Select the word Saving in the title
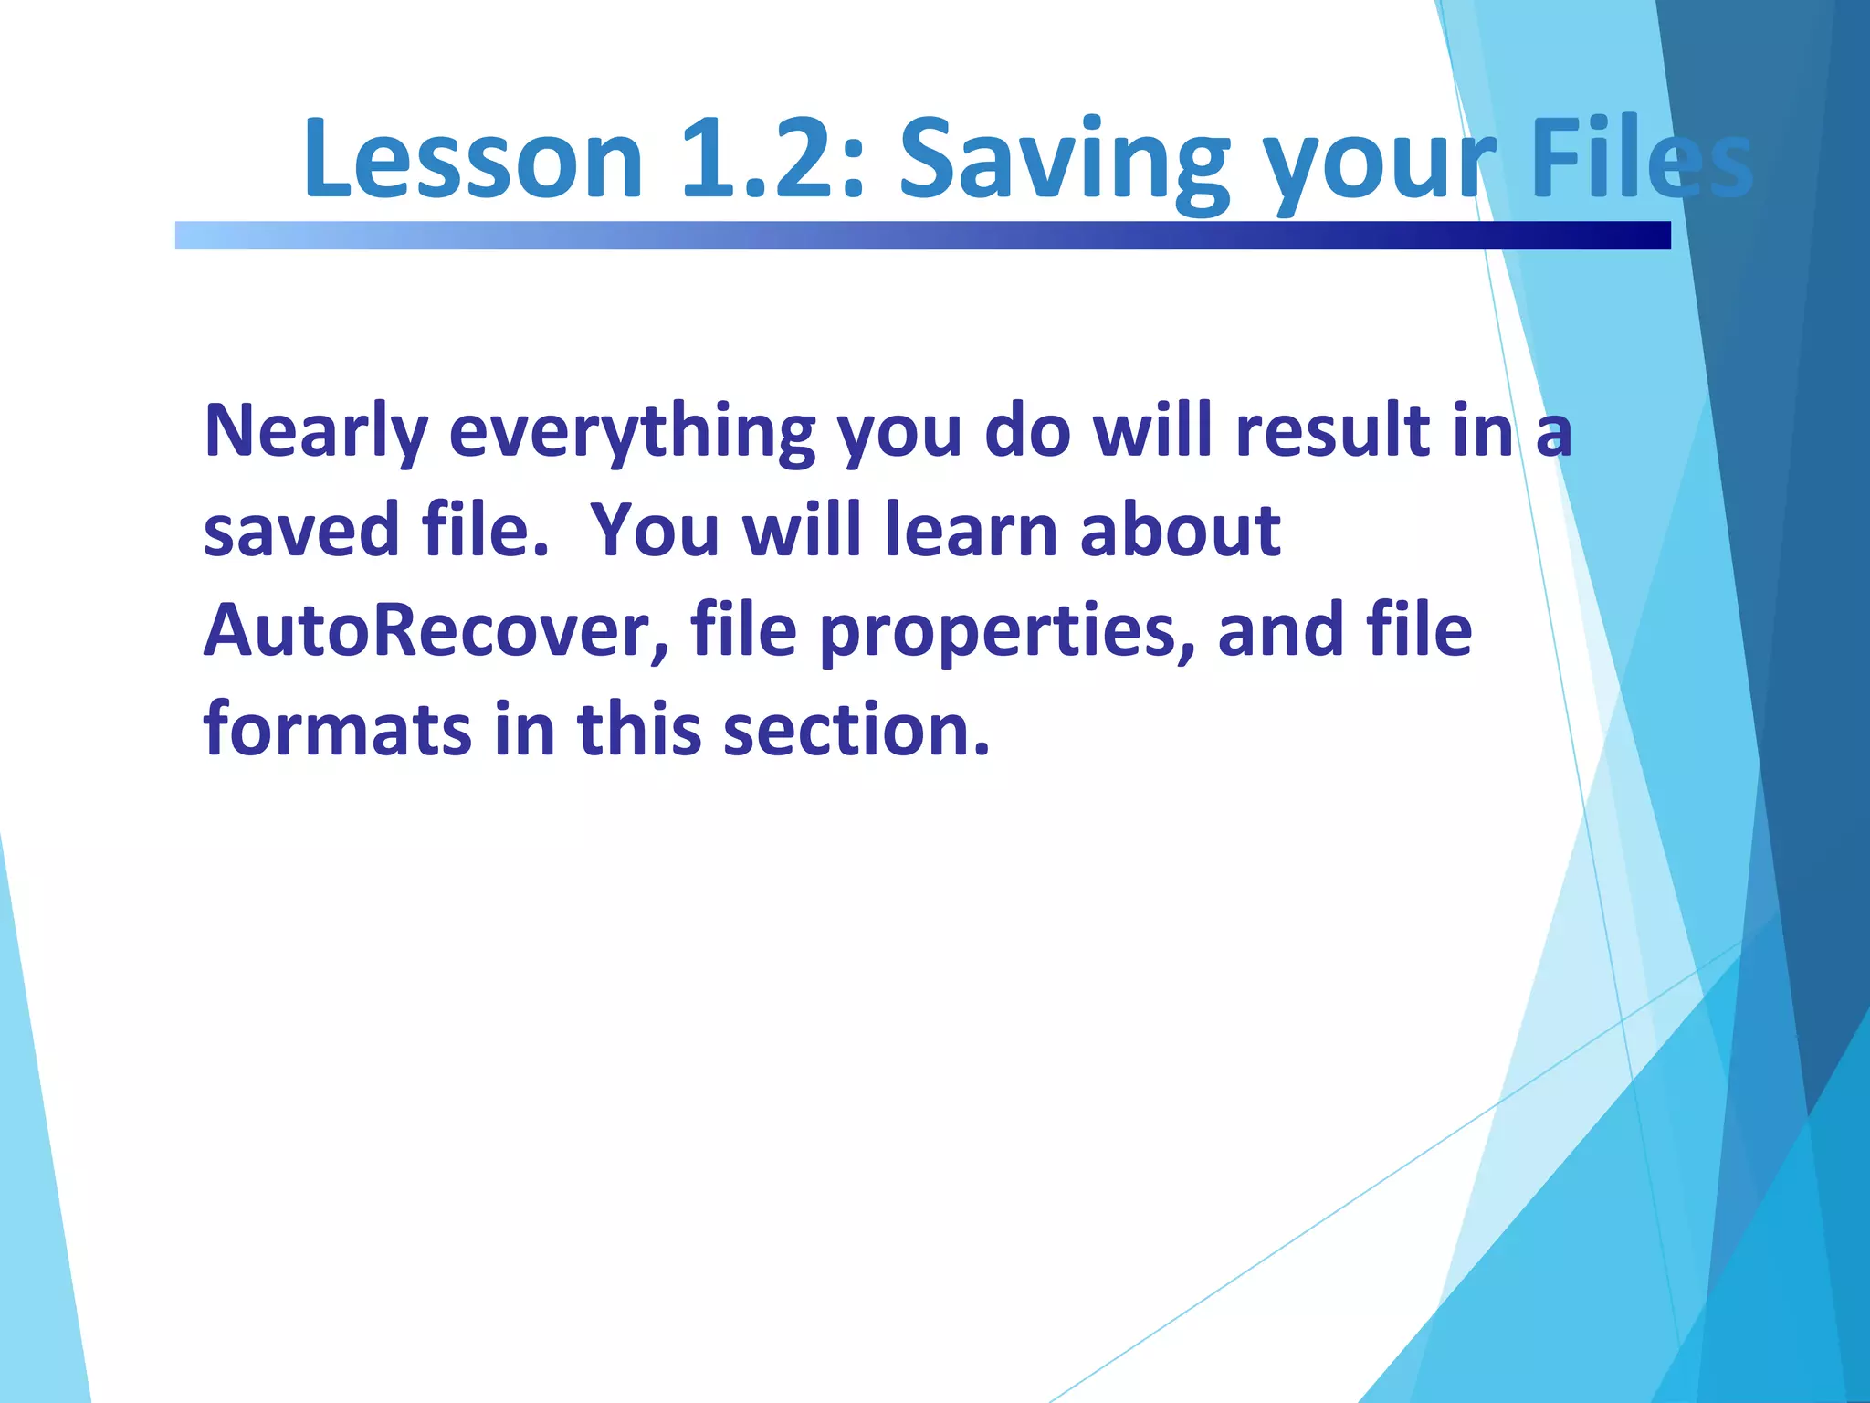coord(1064,160)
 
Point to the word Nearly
coord(316,431)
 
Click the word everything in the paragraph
coord(632,431)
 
